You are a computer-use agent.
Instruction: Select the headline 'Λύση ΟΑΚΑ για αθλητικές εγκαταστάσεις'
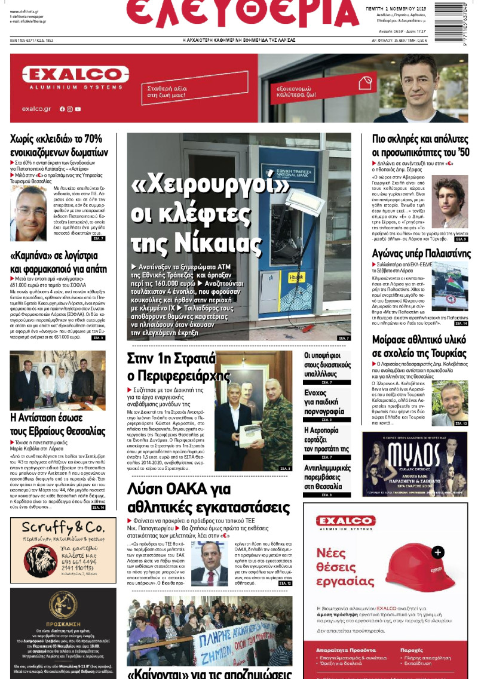(209, 499)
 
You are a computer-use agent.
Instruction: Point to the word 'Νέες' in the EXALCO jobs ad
(332, 551)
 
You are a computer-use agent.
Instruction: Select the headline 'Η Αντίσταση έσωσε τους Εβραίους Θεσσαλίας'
(58, 424)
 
